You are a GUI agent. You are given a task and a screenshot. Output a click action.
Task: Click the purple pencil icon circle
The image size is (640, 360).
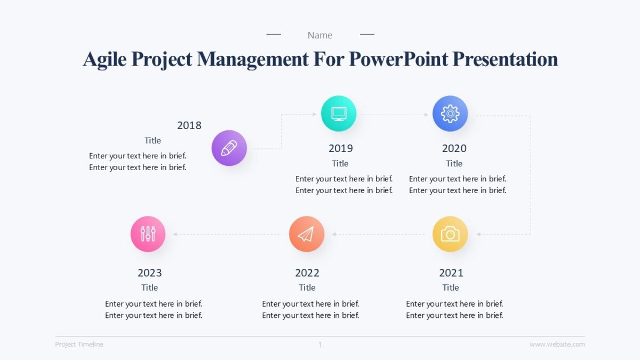[x=229, y=148]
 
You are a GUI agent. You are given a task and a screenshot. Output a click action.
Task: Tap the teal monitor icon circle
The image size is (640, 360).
[x=339, y=114]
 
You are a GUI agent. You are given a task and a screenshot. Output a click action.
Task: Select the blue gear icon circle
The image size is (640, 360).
[x=450, y=114]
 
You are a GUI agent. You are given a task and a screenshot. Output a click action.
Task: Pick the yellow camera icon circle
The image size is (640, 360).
[x=450, y=234]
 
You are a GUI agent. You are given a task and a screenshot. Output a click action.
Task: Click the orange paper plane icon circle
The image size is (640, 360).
[x=307, y=234]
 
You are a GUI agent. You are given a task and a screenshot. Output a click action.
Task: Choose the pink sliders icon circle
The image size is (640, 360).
[x=148, y=234]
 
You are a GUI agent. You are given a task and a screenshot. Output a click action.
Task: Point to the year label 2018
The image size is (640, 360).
[x=189, y=125]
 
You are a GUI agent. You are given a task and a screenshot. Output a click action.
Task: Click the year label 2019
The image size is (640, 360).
[x=340, y=148]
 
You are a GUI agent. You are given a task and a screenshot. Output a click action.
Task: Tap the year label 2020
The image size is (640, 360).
[x=454, y=148]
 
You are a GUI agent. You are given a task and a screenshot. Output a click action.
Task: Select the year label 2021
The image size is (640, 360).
[x=451, y=273]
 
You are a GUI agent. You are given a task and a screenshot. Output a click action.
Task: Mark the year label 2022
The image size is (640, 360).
[x=307, y=273]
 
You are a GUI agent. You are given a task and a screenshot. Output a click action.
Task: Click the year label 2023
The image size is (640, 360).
[x=149, y=273]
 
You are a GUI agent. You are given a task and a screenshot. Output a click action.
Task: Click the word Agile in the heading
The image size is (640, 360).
[x=105, y=59]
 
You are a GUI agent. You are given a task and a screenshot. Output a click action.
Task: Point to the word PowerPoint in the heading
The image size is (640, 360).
[x=398, y=59]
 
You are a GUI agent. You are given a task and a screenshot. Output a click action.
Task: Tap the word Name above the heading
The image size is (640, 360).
[x=320, y=35]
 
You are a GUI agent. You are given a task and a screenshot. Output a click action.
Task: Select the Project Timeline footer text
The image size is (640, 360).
[x=79, y=345]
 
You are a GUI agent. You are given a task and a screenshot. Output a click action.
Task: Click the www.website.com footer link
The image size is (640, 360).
[x=557, y=345]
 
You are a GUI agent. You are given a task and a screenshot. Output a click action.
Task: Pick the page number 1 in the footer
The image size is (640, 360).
[x=320, y=345]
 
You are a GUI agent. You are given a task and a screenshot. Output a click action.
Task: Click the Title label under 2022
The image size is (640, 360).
[x=307, y=287]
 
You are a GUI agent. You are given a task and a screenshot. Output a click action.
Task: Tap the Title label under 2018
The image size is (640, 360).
[x=153, y=141]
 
